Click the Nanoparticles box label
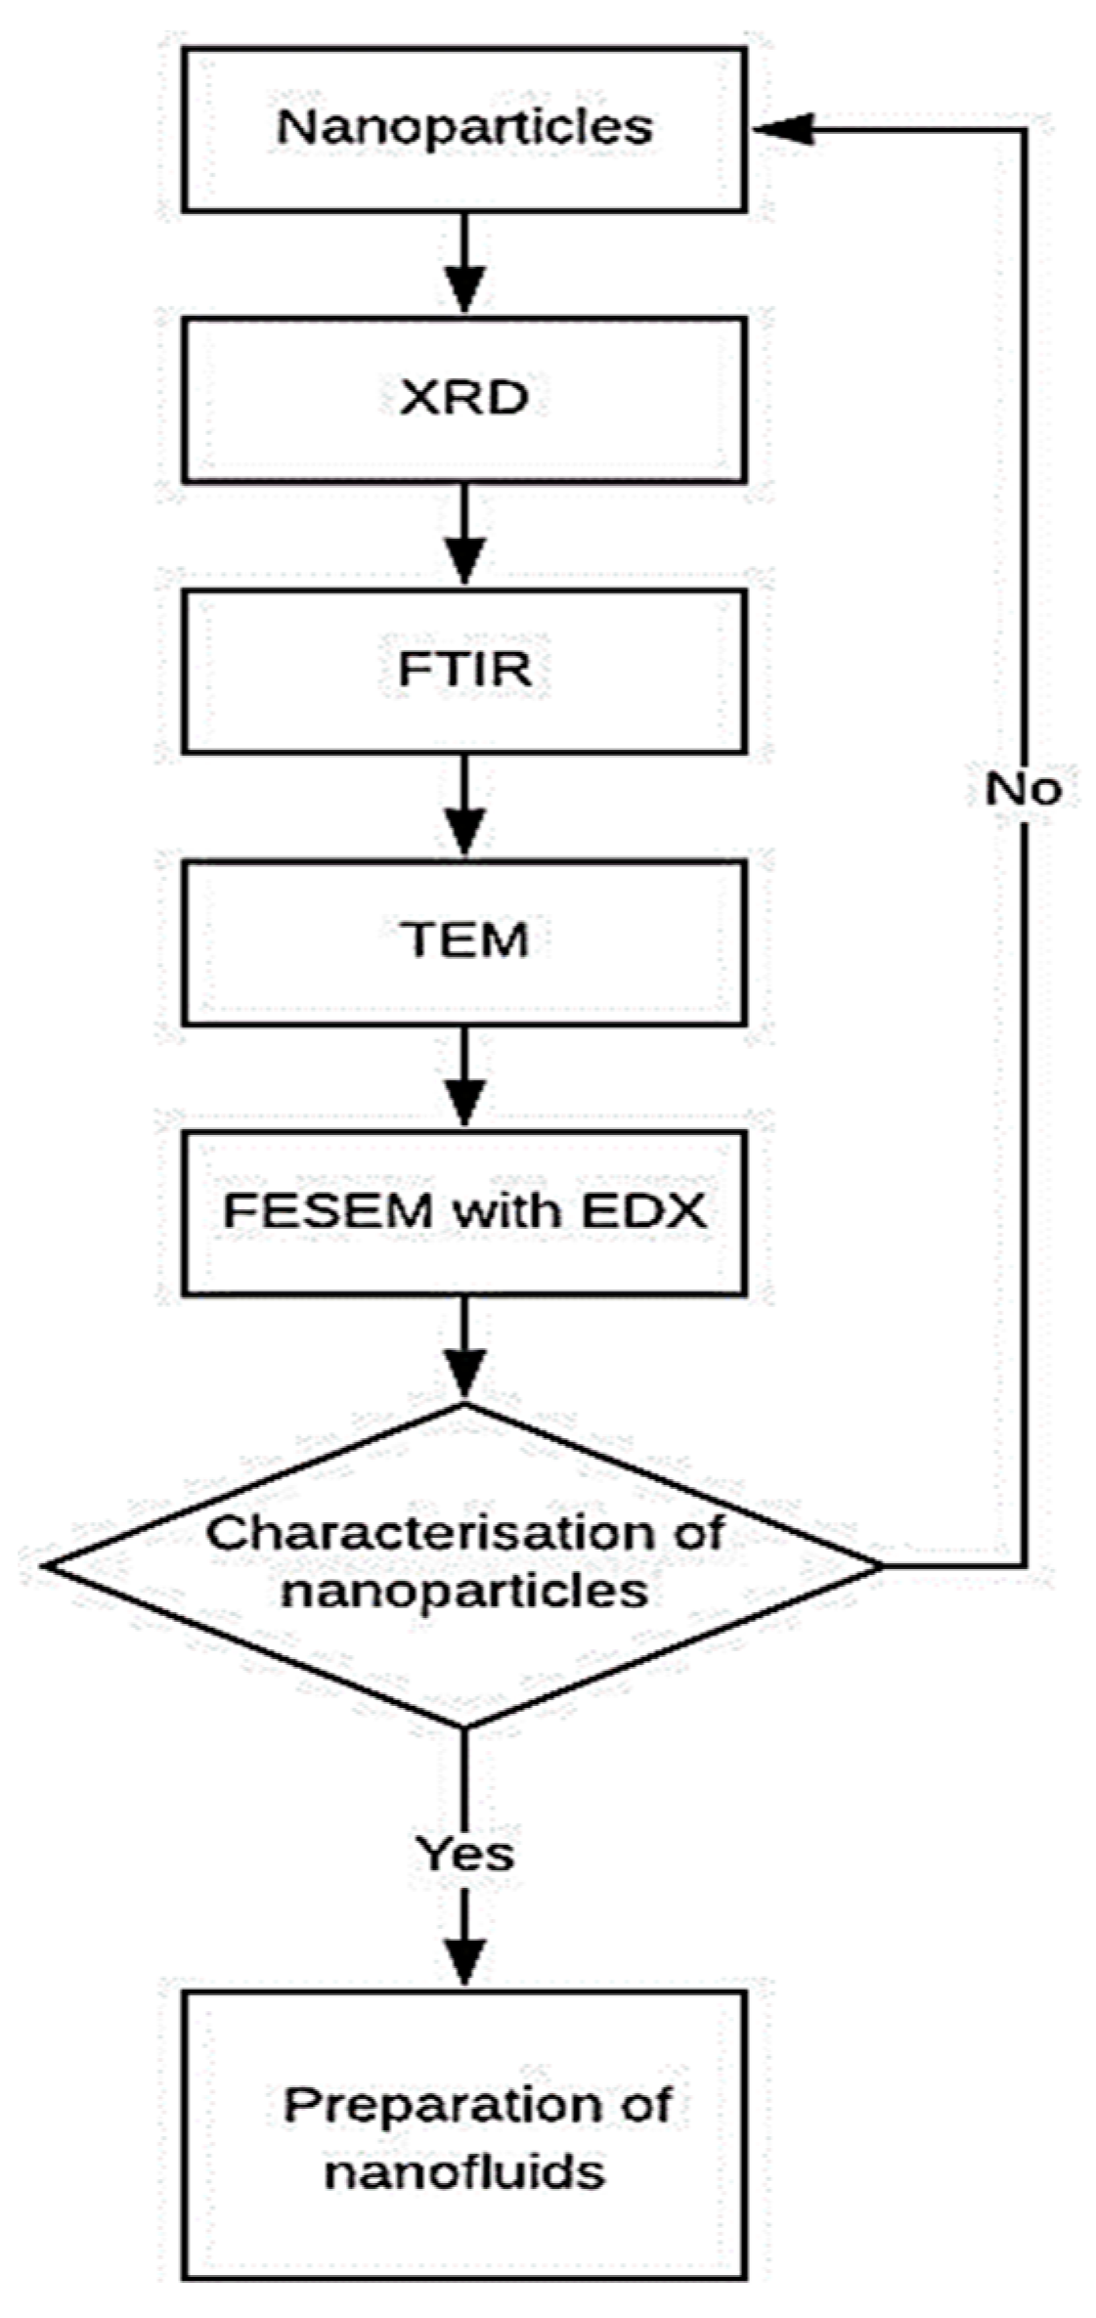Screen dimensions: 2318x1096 tap(463, 127)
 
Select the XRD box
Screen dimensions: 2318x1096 tap(463, 399)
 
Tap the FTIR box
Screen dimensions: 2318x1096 tap(463, 670)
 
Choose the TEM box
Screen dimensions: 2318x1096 tap(463, 940)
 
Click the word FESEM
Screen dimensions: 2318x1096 tap(328, 1211)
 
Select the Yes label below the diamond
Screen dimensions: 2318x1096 tap(463, 1852)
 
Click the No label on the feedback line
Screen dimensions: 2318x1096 tap(1023, 788)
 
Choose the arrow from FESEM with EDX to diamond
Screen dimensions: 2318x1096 tap(464, 1349)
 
